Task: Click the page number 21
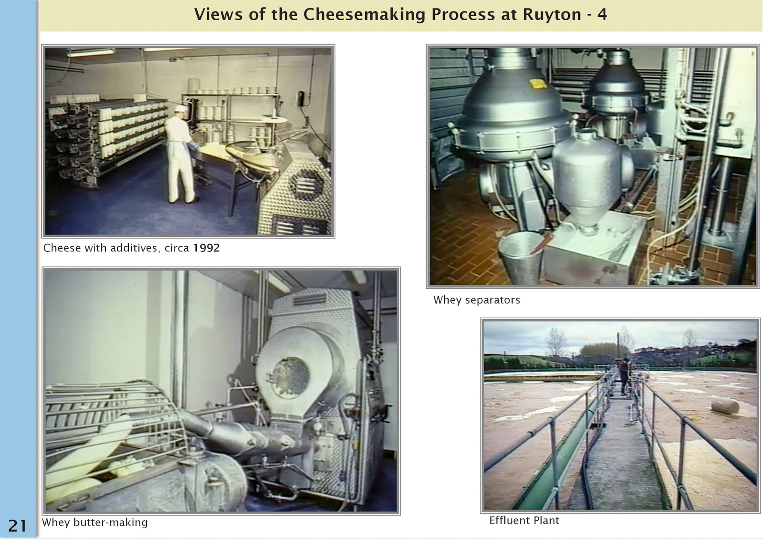click(17, 525)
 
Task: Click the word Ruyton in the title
click(552, 15)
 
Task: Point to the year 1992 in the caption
click(206, 248)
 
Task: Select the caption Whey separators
click(476, 300)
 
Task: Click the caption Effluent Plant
click(524, 520)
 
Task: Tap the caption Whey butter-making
click(95, 522)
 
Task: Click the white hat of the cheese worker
click(180, 108)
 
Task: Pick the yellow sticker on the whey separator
click(538, 83)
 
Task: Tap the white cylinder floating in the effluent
click(724, 406)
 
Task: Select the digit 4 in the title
click(602, 15)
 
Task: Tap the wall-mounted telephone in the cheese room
click(301, 99)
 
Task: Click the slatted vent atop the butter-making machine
click(310, 299)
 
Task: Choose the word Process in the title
click(463, 15)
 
